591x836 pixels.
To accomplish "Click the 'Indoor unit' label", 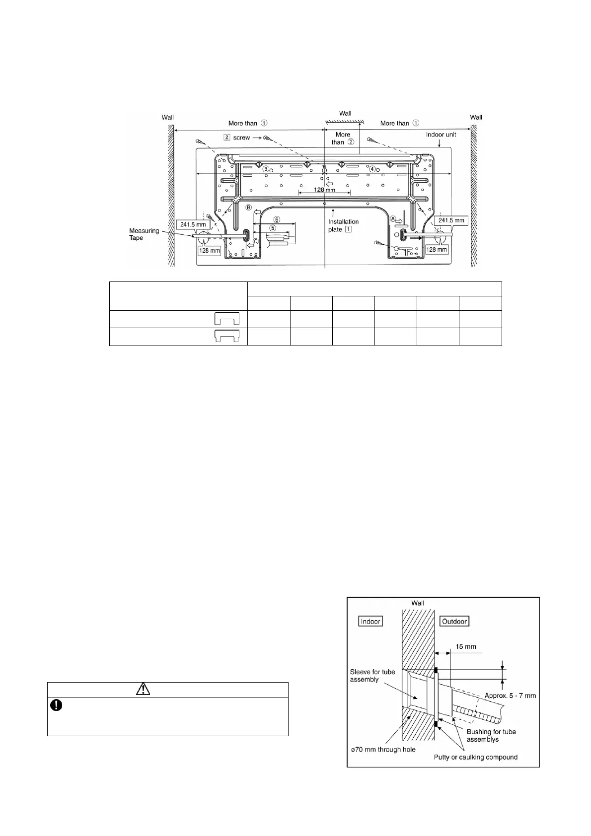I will pos(441,135).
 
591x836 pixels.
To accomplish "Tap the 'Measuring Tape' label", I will pos(144,234).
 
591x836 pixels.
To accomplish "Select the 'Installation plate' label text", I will pos(343,225).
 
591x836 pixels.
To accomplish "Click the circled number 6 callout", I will pos(277,219).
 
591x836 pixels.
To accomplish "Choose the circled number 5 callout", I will pos(273,228).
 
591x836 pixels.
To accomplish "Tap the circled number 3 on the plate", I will pos(266,169).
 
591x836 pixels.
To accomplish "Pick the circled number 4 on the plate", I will pos(372,169).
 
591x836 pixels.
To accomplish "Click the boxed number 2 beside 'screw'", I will pos(227,138).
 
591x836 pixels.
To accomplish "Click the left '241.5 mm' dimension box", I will pos(193,224).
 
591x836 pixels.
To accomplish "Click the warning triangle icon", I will pos(143,689).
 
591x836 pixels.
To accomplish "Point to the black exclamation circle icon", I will pos(56,705).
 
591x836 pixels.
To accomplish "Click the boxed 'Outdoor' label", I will pos(454,621).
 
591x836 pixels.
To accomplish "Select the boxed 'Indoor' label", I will pos(370,621).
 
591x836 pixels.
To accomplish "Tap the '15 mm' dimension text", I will pos(465,646).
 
